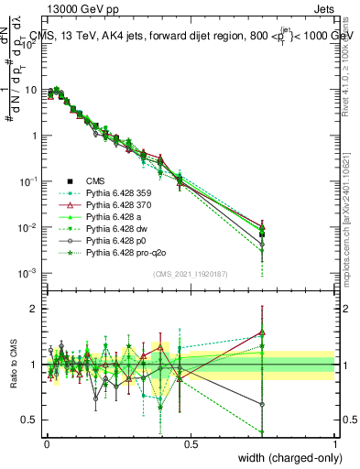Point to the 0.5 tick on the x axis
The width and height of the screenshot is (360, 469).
pos(191,443)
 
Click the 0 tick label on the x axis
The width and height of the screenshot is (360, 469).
pos(47,443)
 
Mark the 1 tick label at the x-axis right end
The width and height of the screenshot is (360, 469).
pos(334,443)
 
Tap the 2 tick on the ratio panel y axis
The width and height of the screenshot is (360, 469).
pos(37,309)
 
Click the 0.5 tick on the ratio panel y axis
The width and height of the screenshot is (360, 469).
pos(32,420)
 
